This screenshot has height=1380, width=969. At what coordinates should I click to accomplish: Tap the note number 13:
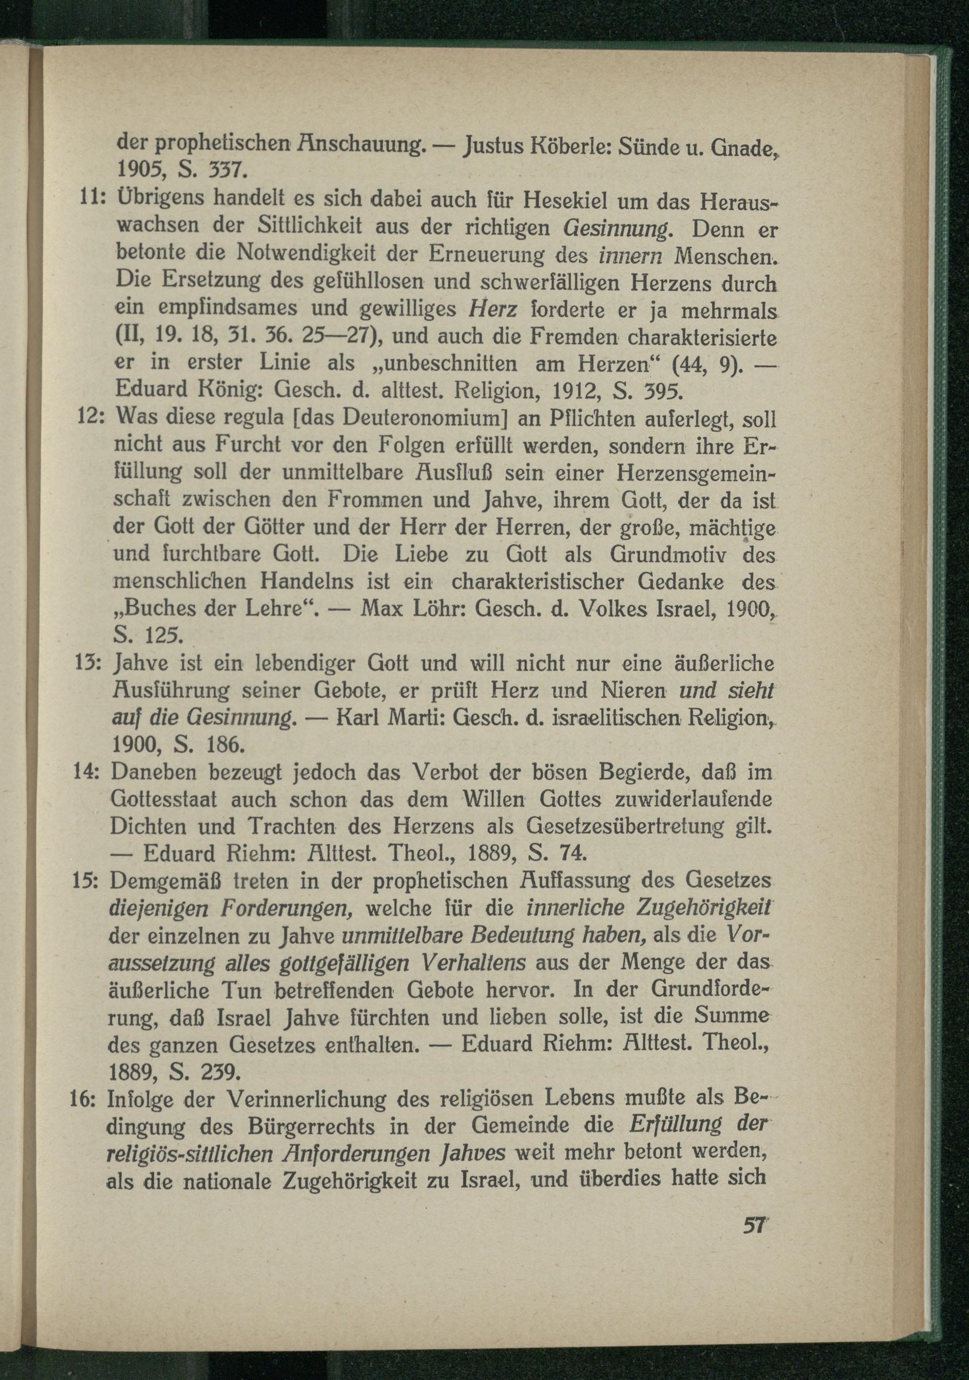(93, 665)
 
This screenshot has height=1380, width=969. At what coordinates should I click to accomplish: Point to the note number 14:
(92, 773)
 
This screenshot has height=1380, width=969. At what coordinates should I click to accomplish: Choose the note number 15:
(90, 882)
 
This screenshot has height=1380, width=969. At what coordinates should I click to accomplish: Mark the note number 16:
(90, 1101)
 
